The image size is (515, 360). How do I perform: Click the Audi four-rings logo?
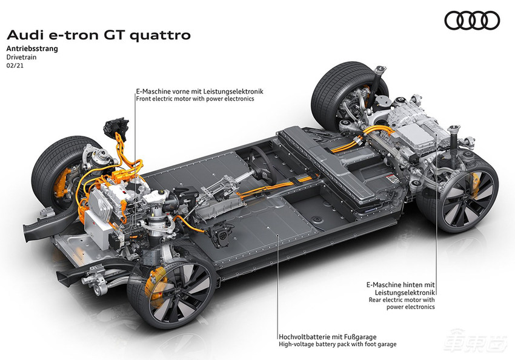point(472,21)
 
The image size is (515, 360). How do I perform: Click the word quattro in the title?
point(160,35)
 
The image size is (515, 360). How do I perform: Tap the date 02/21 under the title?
point(15,65)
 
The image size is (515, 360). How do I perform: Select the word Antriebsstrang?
point(32,48)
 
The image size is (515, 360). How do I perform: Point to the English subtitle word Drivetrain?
point(21,57)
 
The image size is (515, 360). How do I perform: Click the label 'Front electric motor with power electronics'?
point(195,99)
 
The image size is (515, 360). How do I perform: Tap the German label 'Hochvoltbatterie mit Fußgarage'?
point(327,337)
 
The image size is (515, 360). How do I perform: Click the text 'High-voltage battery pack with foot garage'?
point(337,344)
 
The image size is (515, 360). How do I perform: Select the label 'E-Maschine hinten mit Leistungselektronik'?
point(400,288)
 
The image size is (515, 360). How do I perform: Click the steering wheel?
point(261,163)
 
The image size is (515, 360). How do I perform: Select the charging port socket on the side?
point(222,235)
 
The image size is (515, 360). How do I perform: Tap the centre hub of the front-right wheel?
point(178,291)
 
